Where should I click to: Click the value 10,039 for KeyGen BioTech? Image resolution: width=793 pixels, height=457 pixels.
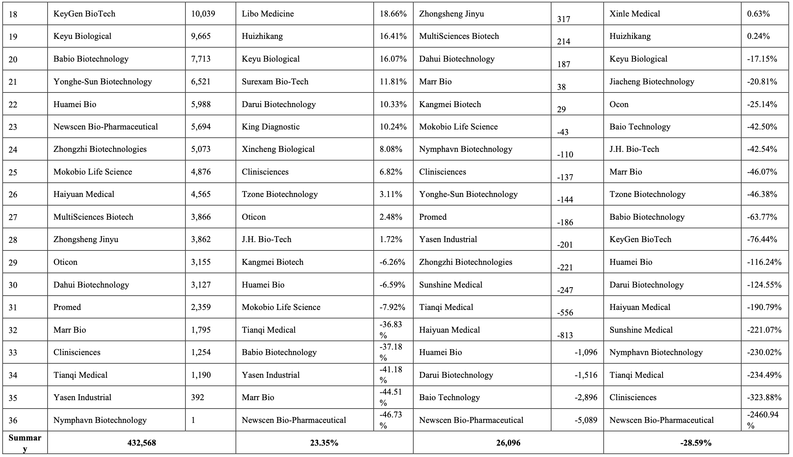tap(203, 14)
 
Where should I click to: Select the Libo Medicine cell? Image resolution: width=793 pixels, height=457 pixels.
tap(268, 14)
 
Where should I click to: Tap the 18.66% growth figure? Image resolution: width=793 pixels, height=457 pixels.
tap(393, 14)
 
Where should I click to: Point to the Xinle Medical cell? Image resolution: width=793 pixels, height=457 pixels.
tap(635, 14)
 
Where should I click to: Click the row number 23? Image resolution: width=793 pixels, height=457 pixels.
tap(13, 127)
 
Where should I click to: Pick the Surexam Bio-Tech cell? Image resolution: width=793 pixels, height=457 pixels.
tap(275, 81)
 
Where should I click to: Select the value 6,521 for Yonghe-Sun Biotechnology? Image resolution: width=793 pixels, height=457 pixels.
tap(201, 81)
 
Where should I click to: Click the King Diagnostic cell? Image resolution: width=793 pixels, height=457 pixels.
tap(270, 127)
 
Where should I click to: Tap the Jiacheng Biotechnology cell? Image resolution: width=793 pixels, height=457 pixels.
tap(652, 81)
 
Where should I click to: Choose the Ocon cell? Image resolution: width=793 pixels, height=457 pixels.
tap(619, 104)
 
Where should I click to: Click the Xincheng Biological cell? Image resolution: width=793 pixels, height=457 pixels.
tap(278, 149)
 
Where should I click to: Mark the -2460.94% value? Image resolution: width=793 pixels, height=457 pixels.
tap(764, 420)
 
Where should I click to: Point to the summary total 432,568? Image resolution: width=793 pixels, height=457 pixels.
tap(141, 443)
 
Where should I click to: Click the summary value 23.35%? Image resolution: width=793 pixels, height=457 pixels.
tap(324, 443)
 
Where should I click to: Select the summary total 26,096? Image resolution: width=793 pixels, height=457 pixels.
tap(508, 443)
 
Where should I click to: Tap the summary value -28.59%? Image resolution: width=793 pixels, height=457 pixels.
tap(696, 443)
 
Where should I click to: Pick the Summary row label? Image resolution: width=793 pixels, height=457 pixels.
tap(25, 443)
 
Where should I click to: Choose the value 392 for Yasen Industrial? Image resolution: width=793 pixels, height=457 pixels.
tap(198, 398)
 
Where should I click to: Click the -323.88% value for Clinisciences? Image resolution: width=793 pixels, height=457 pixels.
tap(764, 398)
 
